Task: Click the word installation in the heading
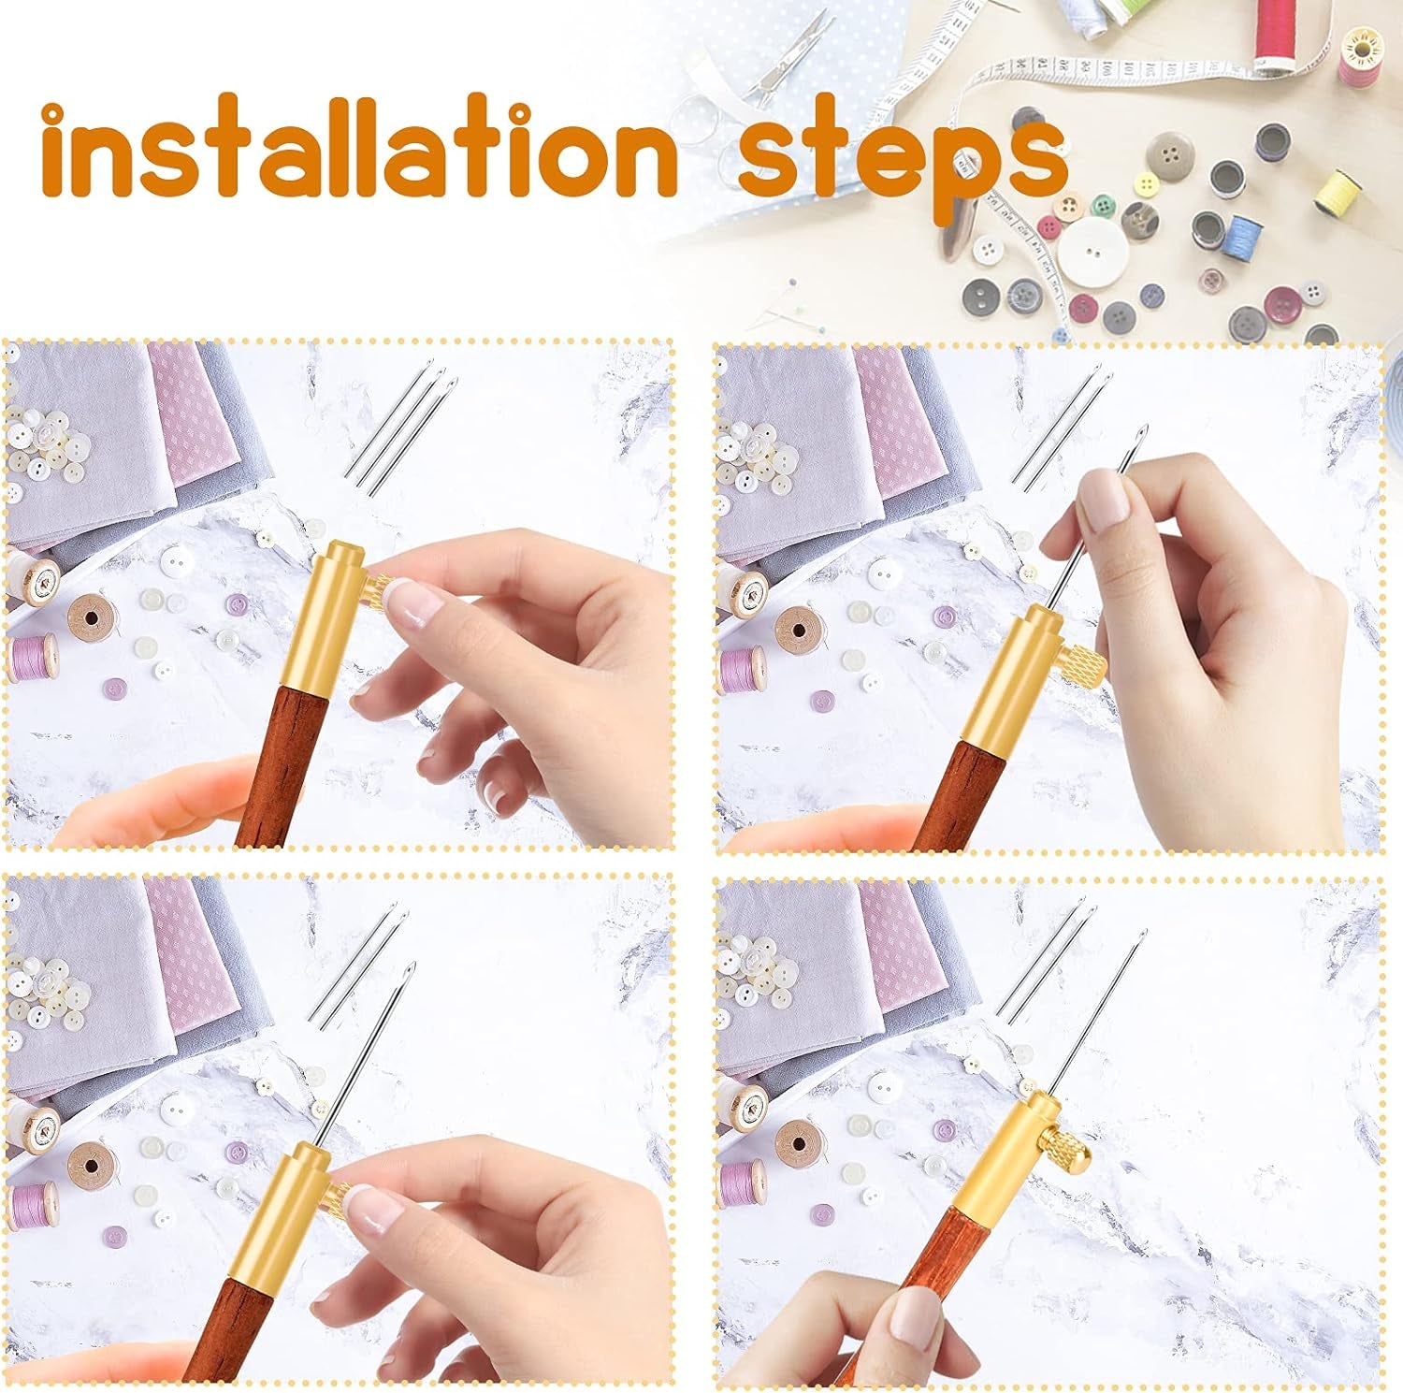pos(360,148)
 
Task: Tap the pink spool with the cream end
pos(1362,53)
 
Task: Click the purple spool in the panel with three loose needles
pos(34,657)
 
